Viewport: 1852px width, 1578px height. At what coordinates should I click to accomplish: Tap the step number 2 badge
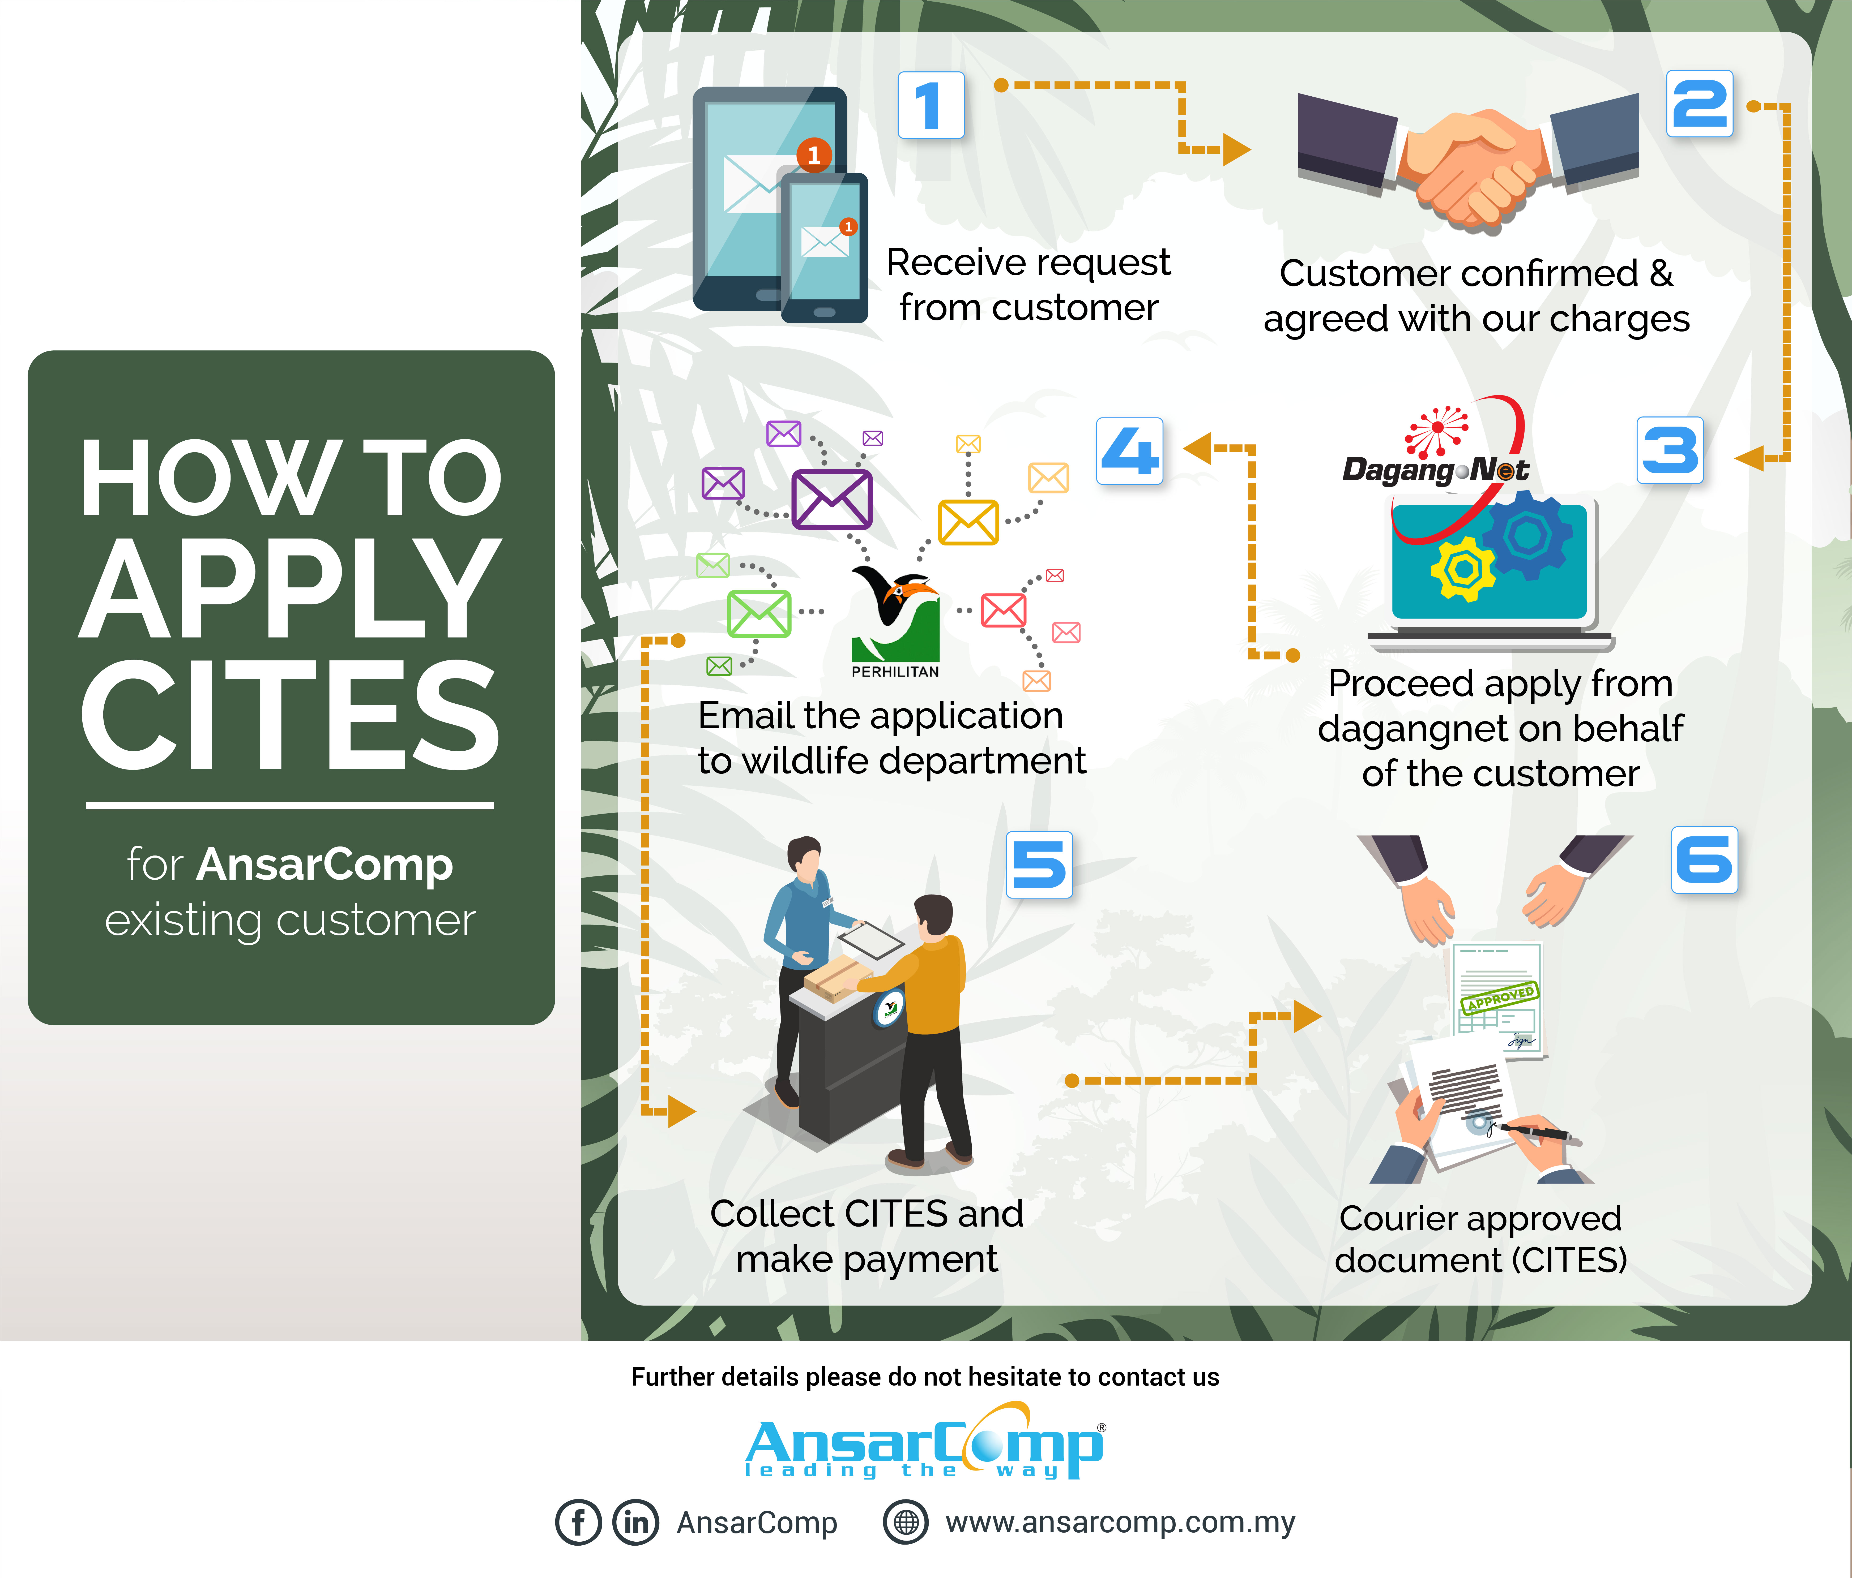(x=1699, y=104)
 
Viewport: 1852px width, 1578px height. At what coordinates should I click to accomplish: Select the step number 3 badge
(x=1670, y=450)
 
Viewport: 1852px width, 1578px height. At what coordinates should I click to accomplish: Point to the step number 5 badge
(x=1039, y=864)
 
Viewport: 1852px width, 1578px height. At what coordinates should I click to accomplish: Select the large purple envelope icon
(x=831, y=500)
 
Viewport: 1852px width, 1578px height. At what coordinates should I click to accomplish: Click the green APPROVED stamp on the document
(x=1499, y=997)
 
